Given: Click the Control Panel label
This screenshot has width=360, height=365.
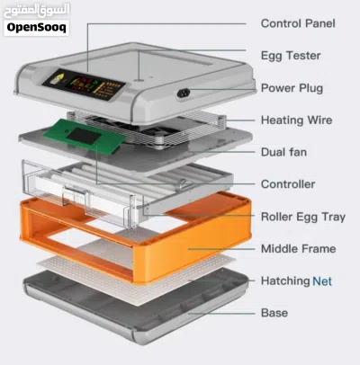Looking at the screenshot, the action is pyautogui.click(x=298, y=23).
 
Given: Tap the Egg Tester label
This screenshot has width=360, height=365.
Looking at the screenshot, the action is pyautogui.click(x=291, y=56).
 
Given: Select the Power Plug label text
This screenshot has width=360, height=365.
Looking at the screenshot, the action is pyautogui.click(x=292, y=88).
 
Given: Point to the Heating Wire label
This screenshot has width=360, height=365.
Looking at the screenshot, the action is pyautogui.click(x=296, y=120).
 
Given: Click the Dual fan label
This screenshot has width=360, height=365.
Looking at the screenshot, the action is pyautogui.click(x=283, y=152).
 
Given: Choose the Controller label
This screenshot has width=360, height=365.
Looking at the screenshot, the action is pyautogui.click(x=288, y=184).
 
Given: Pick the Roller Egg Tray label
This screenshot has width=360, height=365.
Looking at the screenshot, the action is pyautogui.click(x=303, y=217).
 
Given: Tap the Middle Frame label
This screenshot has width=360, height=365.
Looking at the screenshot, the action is pyautogui.click(x=298, y=249).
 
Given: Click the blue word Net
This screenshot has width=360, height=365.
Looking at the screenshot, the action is pyautogui.click(x=322, y=281).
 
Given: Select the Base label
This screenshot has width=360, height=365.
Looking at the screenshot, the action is pyautogui.click(x=274, y=313).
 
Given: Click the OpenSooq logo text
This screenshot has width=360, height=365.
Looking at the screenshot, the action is pyautogui.click(x=36, y=28).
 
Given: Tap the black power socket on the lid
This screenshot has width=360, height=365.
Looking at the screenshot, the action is pyautogui.click(x=184, y=93).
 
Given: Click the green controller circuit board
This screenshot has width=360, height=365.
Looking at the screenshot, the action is pyautogui.click(x=85, y=136).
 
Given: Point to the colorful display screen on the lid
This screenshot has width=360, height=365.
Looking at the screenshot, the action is pyautogui.click(x=84, y=85).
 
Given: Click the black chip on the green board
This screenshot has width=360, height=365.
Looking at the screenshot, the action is pyautogui.click(x=85, y=136).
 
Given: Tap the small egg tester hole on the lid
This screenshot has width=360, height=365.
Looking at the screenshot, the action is pyautogui.click(x=139, y=80).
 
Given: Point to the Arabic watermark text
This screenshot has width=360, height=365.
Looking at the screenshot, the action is pyautogui.click(x=37, y=11).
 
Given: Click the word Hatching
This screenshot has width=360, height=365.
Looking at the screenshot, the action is pyautogui.click(x=285, y=281).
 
